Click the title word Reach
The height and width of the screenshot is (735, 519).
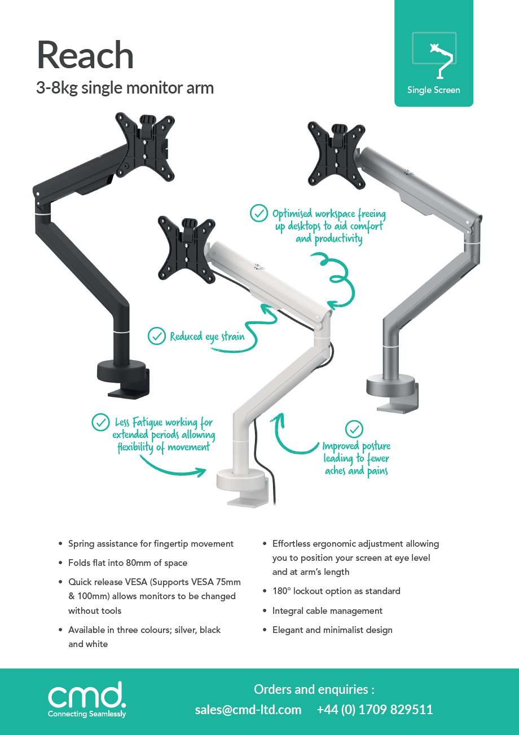click(x=85, y=55)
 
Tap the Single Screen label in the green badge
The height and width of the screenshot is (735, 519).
click(x=434, y=90)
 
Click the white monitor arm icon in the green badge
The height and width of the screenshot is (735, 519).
click(x=441, y=61)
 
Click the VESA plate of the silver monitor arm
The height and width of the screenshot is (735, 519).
click(x=336, y=156)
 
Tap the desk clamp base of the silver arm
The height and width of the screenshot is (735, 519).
click(x=393, y=394)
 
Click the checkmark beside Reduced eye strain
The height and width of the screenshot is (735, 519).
click(x=157, y=336)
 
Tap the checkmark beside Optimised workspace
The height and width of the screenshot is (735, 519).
click(x=259, y=213)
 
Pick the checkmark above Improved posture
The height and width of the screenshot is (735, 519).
click(x=354, y=429)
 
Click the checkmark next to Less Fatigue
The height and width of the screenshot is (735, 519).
click(x=100, y=422)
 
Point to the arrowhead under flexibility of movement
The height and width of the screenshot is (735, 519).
click(x=201, y=472)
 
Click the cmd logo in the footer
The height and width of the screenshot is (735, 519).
click(x=87, y=698)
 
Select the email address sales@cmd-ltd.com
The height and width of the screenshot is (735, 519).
click(x=248, y=710)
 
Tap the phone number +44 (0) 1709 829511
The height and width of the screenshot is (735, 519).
click(x=375, y=710)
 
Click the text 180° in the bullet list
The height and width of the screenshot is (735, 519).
click(x=282, y=591)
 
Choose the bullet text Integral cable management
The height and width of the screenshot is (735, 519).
click(x=327, y=610)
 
